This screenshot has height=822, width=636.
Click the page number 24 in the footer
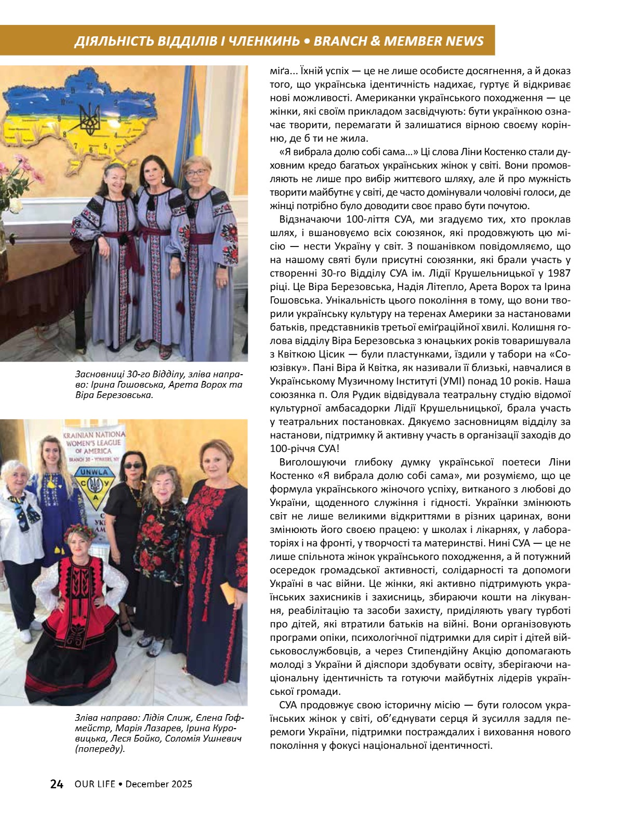pyautogui.click(x=57, y=784)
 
